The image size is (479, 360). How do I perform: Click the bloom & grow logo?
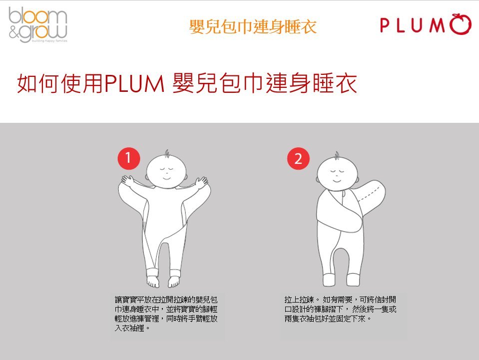37,24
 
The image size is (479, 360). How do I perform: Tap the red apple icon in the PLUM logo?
461,25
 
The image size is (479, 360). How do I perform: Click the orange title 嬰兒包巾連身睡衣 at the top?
253,26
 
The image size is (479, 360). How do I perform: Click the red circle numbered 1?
128,159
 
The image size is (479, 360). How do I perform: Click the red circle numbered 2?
298,159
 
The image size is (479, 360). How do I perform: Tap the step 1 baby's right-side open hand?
201,182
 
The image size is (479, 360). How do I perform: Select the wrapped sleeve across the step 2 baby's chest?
345,215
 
